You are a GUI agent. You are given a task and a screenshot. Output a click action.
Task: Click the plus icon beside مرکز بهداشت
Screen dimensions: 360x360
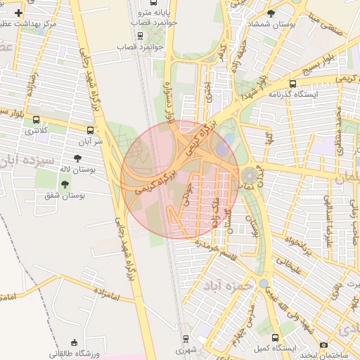pyautogui.click(x=18, y=13)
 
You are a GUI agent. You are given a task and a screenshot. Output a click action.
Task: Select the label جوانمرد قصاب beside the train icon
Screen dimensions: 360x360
pyautogui.click(x=143, y=46)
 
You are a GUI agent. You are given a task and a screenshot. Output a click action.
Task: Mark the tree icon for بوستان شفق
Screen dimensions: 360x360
pyautogui.click(x=65, y=184)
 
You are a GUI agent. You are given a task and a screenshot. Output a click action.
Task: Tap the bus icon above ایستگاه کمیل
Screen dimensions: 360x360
pyautogui.click(x=275, y=337)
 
